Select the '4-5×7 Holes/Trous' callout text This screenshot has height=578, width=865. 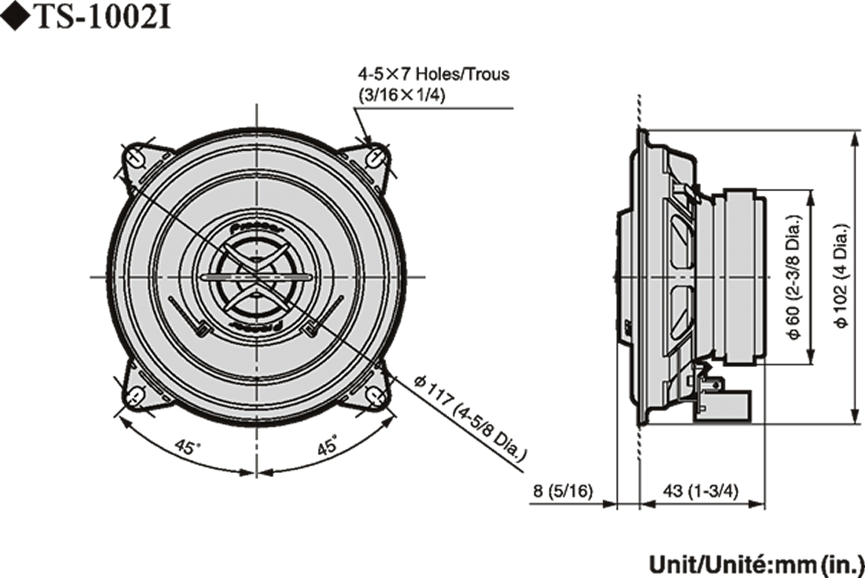pyautogui.click(x=434, y=74)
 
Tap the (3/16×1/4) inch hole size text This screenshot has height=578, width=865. pyautogui.click(x=402, y=96)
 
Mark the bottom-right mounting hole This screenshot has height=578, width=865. pyautogui.click(x=377, y=396)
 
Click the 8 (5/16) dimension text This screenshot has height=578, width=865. pyautogui.click(x=563, y=491)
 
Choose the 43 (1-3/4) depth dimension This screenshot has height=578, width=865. pyautogui.click(x=700, y=491)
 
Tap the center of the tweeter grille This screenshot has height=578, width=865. pyautogui.click(x=255, y=277)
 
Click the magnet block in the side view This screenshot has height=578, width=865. pyautogui.click(x=744, y=277)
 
